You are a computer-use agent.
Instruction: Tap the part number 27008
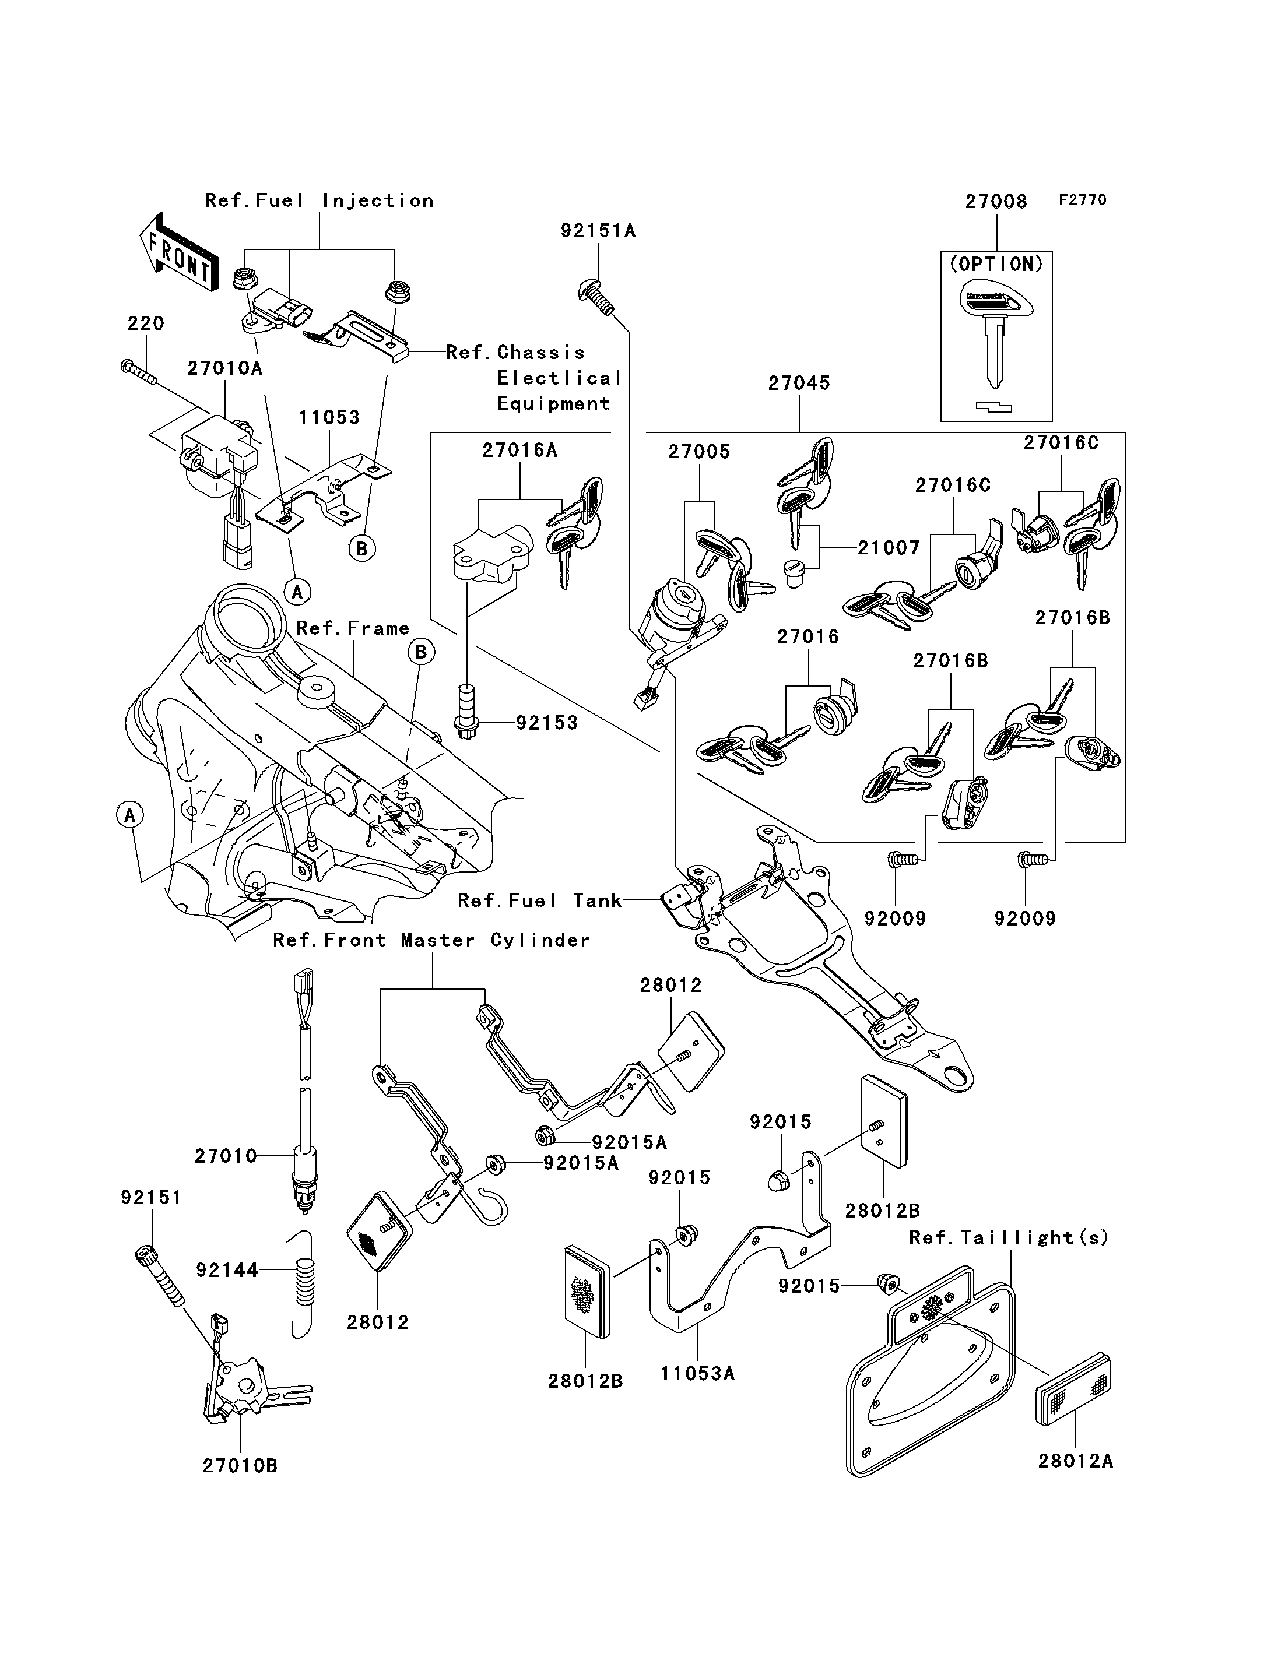coord(996,202)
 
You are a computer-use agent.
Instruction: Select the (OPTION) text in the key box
coord(996,264)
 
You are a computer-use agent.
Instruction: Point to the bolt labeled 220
coord(138,372)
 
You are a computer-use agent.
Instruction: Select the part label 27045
coord(799,384)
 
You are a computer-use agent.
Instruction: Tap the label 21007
coord(889,548)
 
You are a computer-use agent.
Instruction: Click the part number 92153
coord(547,723)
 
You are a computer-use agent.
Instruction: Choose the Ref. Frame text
coord(353,628)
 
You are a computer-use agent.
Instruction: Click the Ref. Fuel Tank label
coord(540,900)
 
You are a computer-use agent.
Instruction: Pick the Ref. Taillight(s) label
coord(1009,1237)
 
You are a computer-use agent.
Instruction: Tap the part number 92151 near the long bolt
coord(152,1198)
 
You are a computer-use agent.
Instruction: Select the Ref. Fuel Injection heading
coord(319,201)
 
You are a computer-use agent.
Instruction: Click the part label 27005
coord(699,452)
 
